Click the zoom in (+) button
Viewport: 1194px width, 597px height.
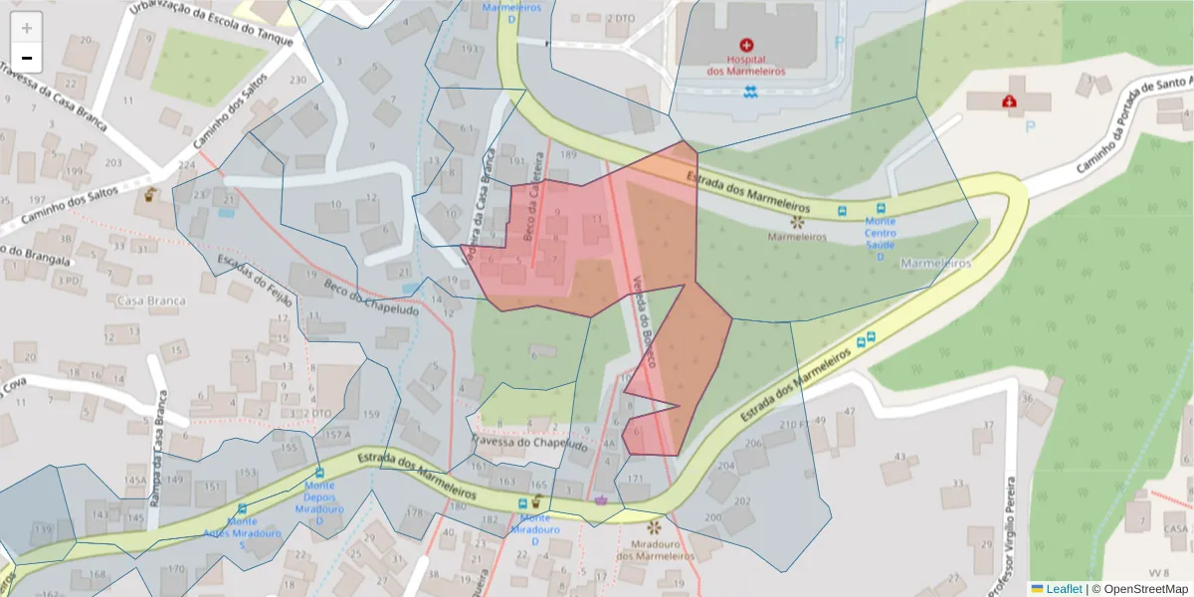pos(27,27)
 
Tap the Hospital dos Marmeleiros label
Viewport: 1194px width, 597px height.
pos(746,65)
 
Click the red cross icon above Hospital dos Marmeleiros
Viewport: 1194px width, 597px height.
pos(746,45)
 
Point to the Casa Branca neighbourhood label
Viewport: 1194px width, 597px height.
pos(151,299)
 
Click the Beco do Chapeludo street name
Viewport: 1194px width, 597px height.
pos(370,295)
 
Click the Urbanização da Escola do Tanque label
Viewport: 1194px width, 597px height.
pos(212,24)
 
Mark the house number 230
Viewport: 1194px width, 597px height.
pos(297,80)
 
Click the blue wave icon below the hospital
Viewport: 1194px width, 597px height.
pos(749,93)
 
